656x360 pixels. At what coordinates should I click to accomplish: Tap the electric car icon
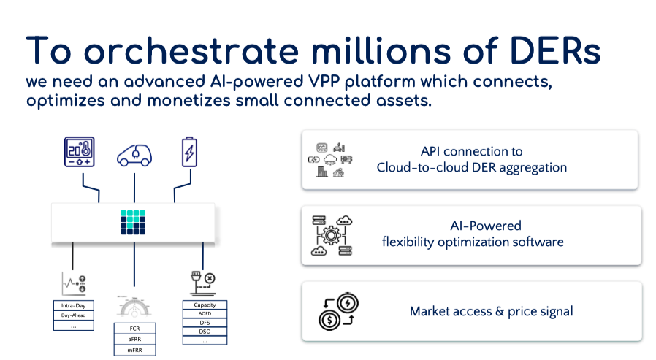(x=135, y=155)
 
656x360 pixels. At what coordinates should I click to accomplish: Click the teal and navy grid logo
(x=134, y=222)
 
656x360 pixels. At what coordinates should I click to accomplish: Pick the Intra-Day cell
(x=73, y=305)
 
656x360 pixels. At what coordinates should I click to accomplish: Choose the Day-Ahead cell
(x=73, y=315)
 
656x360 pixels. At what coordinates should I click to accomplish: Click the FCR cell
(x=134, y=329)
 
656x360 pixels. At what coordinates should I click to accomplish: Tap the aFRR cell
(x=134, y=339)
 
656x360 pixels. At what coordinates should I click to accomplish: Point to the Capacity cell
(x=205, y=305)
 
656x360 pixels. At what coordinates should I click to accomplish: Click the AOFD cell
(x=205, y=313)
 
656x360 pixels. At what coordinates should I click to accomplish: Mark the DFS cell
(x=205, y=322)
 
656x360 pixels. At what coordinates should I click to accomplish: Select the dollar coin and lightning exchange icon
(x=338, y=311)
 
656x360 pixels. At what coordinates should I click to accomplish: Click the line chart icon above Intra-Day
(x=72, y=283)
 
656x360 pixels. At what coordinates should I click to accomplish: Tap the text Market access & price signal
(x=491, y=312)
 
